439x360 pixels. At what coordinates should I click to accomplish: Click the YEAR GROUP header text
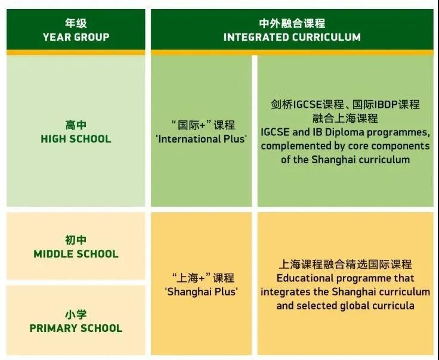point(76,37)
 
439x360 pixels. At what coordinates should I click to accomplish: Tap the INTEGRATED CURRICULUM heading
point(292,37)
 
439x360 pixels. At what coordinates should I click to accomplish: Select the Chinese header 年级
point(76,23)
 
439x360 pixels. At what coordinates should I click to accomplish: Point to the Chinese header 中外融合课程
point(292,23)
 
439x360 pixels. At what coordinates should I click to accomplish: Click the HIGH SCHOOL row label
point(76,139)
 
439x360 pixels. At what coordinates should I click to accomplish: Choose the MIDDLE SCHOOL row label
point(76,254)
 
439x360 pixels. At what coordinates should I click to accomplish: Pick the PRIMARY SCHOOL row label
point(76,328)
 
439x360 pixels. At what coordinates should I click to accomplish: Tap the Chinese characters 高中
point(76,125)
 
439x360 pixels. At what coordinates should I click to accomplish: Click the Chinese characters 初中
point(76,240)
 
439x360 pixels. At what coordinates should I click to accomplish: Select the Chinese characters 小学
point(76,314)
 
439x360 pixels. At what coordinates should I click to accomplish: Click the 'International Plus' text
point(201,139)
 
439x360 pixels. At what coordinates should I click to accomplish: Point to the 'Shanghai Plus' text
point(201,291)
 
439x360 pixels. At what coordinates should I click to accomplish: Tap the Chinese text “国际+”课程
point(203,125)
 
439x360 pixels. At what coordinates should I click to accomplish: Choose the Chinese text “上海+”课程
point(203,278)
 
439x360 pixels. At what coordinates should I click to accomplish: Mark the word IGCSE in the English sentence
point(275,132)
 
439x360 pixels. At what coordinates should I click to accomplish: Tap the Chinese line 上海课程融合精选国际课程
point(345,264)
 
